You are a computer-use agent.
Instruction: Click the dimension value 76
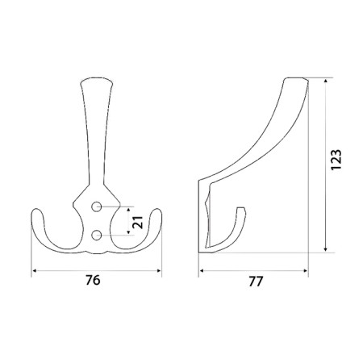click(93, 280)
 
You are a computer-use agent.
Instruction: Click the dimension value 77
click(256, 282)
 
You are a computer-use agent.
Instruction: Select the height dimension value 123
click(336, 160)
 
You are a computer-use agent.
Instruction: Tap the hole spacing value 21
click(138, 222)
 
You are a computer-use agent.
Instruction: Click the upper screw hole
click(96, 207)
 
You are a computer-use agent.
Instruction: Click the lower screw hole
click(96, 236)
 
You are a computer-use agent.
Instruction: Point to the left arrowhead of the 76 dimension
click(34, 271)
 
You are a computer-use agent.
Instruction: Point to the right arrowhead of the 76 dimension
click(159, 271)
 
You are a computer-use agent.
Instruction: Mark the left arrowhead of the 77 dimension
click(202, 271)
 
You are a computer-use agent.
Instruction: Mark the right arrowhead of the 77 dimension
click(305, 271)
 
